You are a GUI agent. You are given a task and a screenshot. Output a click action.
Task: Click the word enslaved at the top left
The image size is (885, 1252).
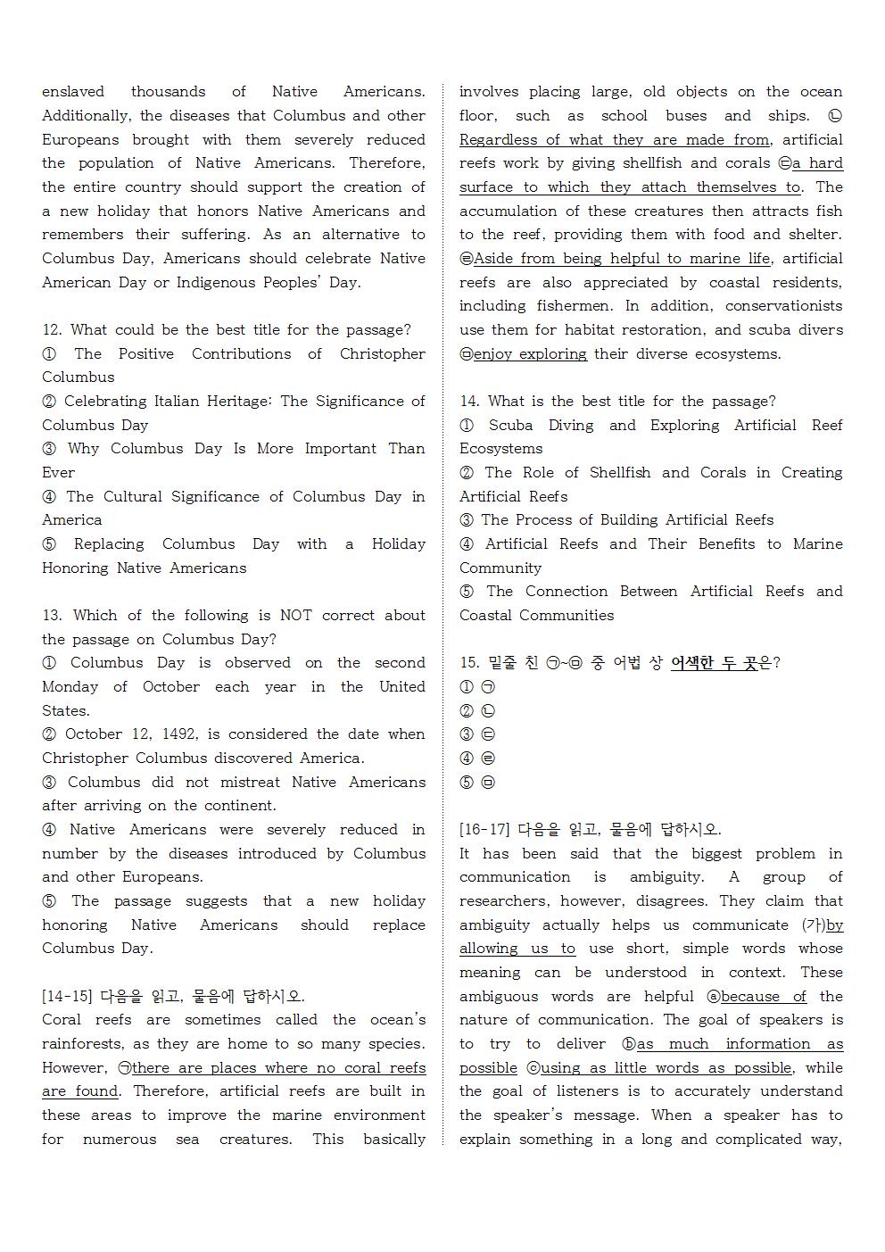[x=73, y=92]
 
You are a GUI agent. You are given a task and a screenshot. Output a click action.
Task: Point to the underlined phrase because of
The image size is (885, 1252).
[x=763, y=997]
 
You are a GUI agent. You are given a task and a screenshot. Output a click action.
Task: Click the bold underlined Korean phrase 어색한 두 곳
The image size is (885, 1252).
[x=720, y=663]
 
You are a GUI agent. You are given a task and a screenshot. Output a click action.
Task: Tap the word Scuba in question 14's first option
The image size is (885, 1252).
[x=510, y=426]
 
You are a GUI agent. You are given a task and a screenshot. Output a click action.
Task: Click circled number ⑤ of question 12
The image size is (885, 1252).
[x=49, y=544]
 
